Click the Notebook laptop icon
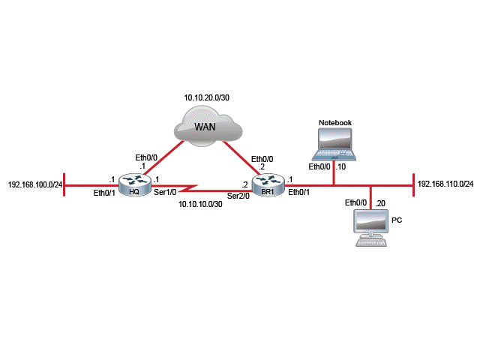click(x=335, y=144)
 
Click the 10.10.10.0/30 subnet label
click(x=199, y=203)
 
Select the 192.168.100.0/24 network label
click(x=35, y=184)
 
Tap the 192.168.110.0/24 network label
click(x=445, y=184)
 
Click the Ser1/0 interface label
click(x=164, y=193)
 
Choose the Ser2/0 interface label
click(x=238, y=196)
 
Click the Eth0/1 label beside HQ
click(x=103, y=193)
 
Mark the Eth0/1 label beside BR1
click(x=299, y=193)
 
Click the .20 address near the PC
click(x=380, y=203)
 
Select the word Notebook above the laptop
click(x=334, y=121)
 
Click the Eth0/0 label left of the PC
click(x=355, y=203)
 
